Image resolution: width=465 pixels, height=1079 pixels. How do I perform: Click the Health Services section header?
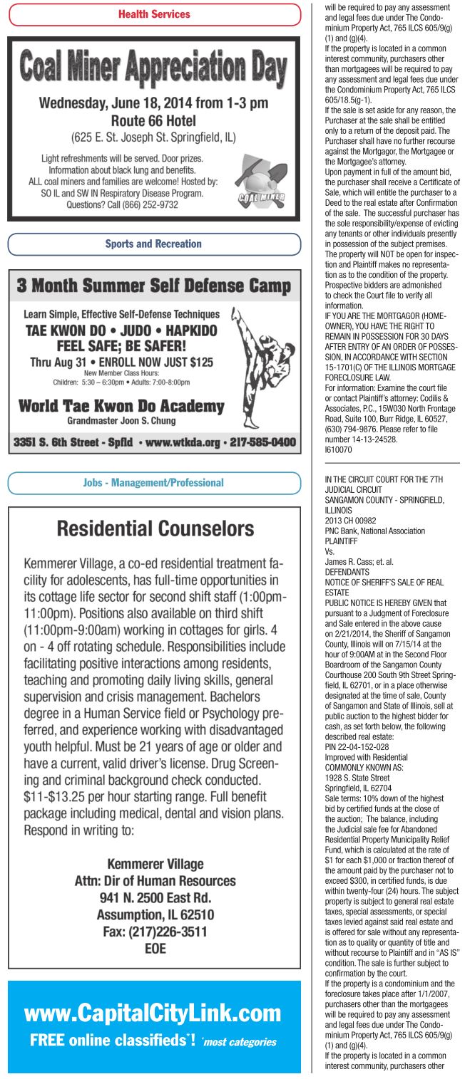(x=154, y=14)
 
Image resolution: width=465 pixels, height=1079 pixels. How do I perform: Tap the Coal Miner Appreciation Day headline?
(x=154, y=69)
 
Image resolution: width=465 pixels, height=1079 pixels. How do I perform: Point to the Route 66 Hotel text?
(x=153, y=120)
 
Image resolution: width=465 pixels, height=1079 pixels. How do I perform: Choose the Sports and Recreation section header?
(x=154, y=244)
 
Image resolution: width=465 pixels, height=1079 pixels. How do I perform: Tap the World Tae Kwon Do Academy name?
(x=121, y=407)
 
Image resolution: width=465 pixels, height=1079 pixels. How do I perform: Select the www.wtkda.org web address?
(x=183, y=442)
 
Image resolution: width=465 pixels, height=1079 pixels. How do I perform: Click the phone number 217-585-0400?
(x=262, y=442)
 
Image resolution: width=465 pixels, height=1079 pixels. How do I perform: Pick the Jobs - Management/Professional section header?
(x=154, y=482)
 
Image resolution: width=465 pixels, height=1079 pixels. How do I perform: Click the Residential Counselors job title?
(x=155, y=528)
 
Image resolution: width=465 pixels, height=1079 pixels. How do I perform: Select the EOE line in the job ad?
(x=155, y=948)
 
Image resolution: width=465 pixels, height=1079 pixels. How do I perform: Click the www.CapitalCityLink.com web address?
(x=153, y=1013)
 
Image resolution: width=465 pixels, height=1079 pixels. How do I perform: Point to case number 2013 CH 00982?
(x=351, y=521)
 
